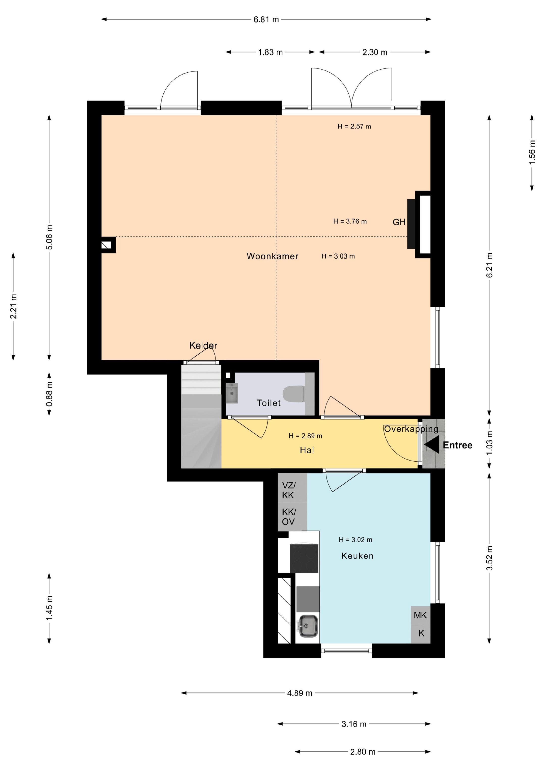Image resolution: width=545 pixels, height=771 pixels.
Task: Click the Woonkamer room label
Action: click(272, 256)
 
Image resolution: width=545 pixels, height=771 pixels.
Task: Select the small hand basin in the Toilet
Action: click(232, 393)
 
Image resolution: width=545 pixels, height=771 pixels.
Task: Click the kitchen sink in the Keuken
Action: click(308, 625)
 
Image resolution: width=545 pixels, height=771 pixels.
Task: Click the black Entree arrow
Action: click(431, 445)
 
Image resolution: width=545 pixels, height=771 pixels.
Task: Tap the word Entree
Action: click(458, 445)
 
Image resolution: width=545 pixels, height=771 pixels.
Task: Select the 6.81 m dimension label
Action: click(266, 19)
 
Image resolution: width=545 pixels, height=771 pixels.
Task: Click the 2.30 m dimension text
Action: click(375, 52)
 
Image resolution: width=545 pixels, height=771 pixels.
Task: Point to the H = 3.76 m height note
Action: click(350, 221)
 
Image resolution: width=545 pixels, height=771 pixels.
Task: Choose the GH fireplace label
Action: click(399, 222)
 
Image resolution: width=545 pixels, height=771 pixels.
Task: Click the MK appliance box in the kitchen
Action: click(420, 615)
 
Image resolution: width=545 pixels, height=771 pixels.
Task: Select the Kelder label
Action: click(203, 345)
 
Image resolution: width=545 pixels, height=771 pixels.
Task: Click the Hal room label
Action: click(307, 450)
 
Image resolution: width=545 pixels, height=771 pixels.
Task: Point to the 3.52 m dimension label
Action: click(489, 558)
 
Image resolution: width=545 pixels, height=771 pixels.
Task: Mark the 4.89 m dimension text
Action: click(300, 693)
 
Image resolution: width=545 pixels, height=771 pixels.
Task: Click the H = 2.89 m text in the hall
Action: click(305, 436)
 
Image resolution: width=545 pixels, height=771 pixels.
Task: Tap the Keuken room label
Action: click(357, 556)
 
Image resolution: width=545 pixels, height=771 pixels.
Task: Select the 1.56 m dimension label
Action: click(532, 152)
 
